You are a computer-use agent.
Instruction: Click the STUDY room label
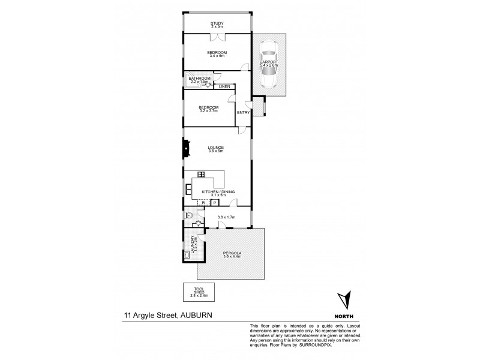pos(217,23)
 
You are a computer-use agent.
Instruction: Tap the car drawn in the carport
pos(268,66)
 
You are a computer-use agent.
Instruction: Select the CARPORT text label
pos(268,62)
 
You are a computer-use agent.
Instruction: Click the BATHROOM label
pos(199,79)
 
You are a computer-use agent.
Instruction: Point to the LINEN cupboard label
pos(224,87)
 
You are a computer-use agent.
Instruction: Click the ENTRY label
pos(243,112)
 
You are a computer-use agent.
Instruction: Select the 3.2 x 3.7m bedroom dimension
pos(208,111)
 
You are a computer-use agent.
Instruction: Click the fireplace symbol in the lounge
pos(187,148)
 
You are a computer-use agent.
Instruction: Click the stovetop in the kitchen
pos(202,175)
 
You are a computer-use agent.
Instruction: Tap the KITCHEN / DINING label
pos(218,191)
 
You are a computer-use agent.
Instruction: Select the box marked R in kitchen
pos(204,203)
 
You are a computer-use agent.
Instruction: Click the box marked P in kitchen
pos(214,203)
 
